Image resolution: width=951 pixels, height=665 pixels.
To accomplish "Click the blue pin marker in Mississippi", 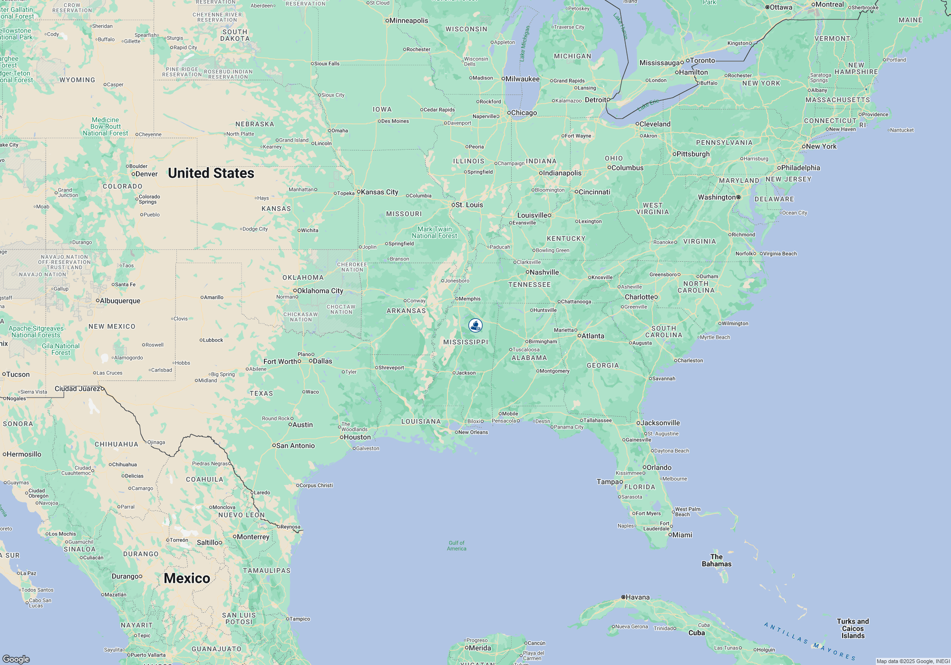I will pyautogui.click(x=475, y=325).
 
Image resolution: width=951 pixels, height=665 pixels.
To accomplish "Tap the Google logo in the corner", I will pyautogui.click(x=16, y=659).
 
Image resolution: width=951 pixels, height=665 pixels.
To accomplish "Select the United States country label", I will pyautogui.click(x=211, y=173).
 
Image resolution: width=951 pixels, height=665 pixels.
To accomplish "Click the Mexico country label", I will pyautogui.click(x=187, y=579).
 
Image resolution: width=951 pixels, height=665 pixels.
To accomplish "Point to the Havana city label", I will pyautogui.click(x=637, y=598).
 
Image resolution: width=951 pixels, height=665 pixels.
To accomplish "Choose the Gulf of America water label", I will pyautogui.click(x=456, y=546).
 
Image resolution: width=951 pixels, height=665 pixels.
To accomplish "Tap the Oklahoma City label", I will pyautogui.click(x=320, y=291).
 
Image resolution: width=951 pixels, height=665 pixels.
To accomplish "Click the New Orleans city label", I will pyautogui.click(x=473, y=432).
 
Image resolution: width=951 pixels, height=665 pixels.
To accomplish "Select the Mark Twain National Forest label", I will pyautogui.click(x=434, y=232).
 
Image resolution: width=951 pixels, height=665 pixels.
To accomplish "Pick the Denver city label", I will pyautogui.click(x=146, y=174).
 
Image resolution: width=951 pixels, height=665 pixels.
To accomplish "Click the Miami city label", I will pyautogui.click(x=682, y=535).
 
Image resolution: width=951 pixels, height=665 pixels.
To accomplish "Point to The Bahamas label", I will pyautogui.click(x=717, y=560).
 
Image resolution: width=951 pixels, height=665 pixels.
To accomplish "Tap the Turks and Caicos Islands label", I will pyautogui.click(x=853, y=628).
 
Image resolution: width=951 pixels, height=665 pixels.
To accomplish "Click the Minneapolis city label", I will pyautogui.click(x=408, y=20).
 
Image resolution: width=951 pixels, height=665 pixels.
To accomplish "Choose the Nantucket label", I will pyautogui.click(x=902, y=130).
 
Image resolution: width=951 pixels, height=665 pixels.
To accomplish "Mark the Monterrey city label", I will pyautogui.click(x=253, y=537).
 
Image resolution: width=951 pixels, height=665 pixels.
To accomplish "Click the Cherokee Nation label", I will pyautogui.click(x=352, y=267).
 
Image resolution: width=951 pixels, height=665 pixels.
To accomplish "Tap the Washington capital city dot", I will pyautogui.click(x=738, y=197).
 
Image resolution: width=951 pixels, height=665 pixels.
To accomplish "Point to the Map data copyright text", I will pyautogui.click(x=912, y=661).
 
